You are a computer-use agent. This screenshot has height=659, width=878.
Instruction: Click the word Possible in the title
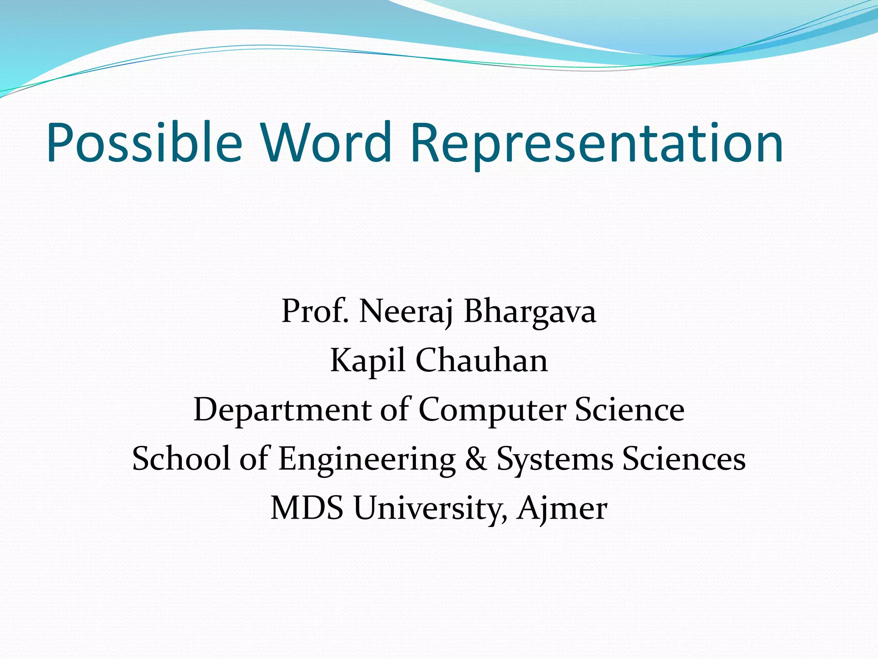(144, 142)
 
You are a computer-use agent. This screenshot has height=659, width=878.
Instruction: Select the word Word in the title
(327, 142)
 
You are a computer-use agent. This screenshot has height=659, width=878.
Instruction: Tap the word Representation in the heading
(596, 142)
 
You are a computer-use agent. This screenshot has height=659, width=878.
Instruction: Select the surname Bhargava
(530, 311)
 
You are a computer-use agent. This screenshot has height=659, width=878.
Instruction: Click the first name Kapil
(367, 360)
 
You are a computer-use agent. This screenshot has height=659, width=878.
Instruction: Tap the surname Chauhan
(481, 360)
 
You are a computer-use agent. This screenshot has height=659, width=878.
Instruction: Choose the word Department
(283, 410)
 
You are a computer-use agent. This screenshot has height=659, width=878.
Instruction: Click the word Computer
(492, 410)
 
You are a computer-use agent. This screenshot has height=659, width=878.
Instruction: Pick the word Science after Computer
(629, 410)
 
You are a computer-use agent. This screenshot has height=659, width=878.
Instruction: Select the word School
(181, 459)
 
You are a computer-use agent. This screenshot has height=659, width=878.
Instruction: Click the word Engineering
(367, 459)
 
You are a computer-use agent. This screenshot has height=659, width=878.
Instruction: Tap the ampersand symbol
(476, 459)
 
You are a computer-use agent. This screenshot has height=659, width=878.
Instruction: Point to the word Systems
(554, 459)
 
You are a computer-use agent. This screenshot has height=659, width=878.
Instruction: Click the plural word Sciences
(684, 459)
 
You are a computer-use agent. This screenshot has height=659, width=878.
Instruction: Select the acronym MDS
(307, 508)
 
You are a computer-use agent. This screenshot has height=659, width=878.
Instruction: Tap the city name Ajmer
(562, 508)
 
